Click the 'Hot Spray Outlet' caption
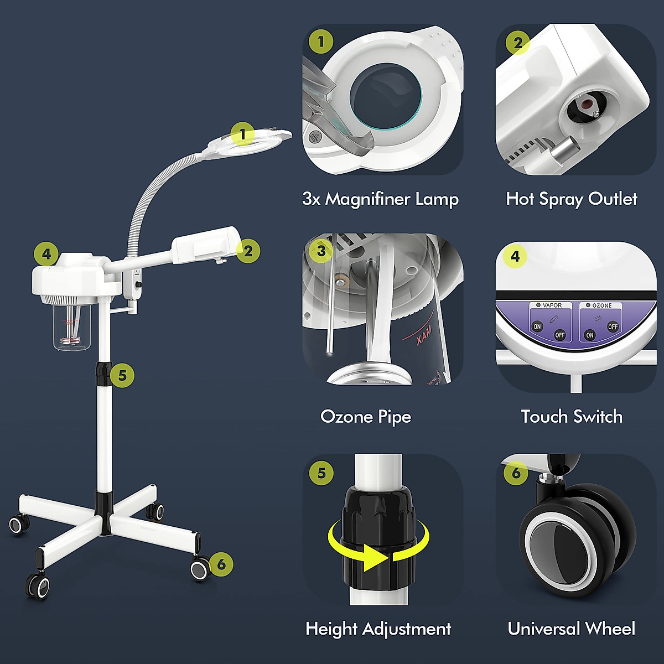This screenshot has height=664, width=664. [x=571, y=199]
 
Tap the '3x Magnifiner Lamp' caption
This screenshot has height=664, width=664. [x=380, y=199]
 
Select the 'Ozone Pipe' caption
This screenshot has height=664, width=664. [x=366, y=417]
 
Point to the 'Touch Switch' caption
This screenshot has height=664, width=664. [x=571, y=417]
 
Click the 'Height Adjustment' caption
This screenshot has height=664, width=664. [x=378, y=629]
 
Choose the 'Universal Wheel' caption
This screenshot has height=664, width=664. [x=571, y=629]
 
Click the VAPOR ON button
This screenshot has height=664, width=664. [x=537, y=326]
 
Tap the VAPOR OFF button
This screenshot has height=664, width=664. [x=560, y=335]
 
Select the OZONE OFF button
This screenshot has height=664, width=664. [x=613, y=326]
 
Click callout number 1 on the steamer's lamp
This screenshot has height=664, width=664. [x=242, y=134]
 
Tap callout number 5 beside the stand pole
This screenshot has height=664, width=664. [x=122, y=376]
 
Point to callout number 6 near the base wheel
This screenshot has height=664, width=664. [x=221, y=564]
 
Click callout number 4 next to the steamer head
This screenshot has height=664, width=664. [x=46, y=254]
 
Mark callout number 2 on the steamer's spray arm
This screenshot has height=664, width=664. [x=248, y=251]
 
